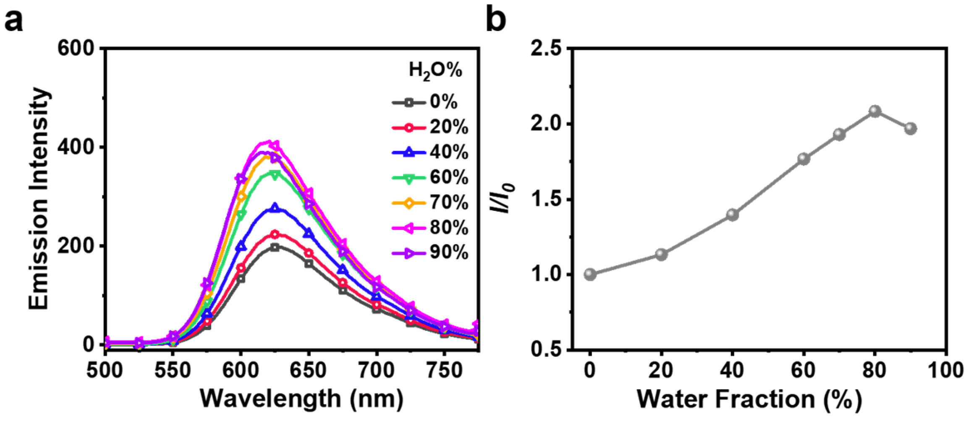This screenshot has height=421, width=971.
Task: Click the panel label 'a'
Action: pyautogui.click(x=13, y=21)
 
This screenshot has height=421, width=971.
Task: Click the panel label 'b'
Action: pyautogui.click(x=496, y=21)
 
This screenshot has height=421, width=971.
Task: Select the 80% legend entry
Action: pyautogui.click(x=430, y=228)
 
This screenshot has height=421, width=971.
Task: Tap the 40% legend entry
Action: pyautogui.click(x=430, y=153)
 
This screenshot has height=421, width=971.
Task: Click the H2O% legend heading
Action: pyautogui.click(x=435, y=70)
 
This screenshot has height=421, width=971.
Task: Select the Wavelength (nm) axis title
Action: pyautogui.click(x=301, y=399)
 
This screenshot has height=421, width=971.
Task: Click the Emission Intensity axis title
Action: pyautogui.click(x=39, y=199)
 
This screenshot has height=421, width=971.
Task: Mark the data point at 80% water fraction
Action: pyautogui.click(x=875, y=111)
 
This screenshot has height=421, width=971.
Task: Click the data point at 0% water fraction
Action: pyautogui.click(x=590, y=274)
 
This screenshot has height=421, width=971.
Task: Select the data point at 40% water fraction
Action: pyautogui.click(x=733, y=215)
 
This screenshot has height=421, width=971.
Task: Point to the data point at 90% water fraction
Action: pyautogui.click(x=911, y=128)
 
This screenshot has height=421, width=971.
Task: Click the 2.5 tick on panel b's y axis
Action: pyautogui.click(x=546, y=49)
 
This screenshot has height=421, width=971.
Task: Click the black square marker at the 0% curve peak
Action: pyautogui.click(x=275, y=247)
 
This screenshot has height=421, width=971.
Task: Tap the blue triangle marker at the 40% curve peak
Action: pyautogui.click(x=275, y=207)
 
